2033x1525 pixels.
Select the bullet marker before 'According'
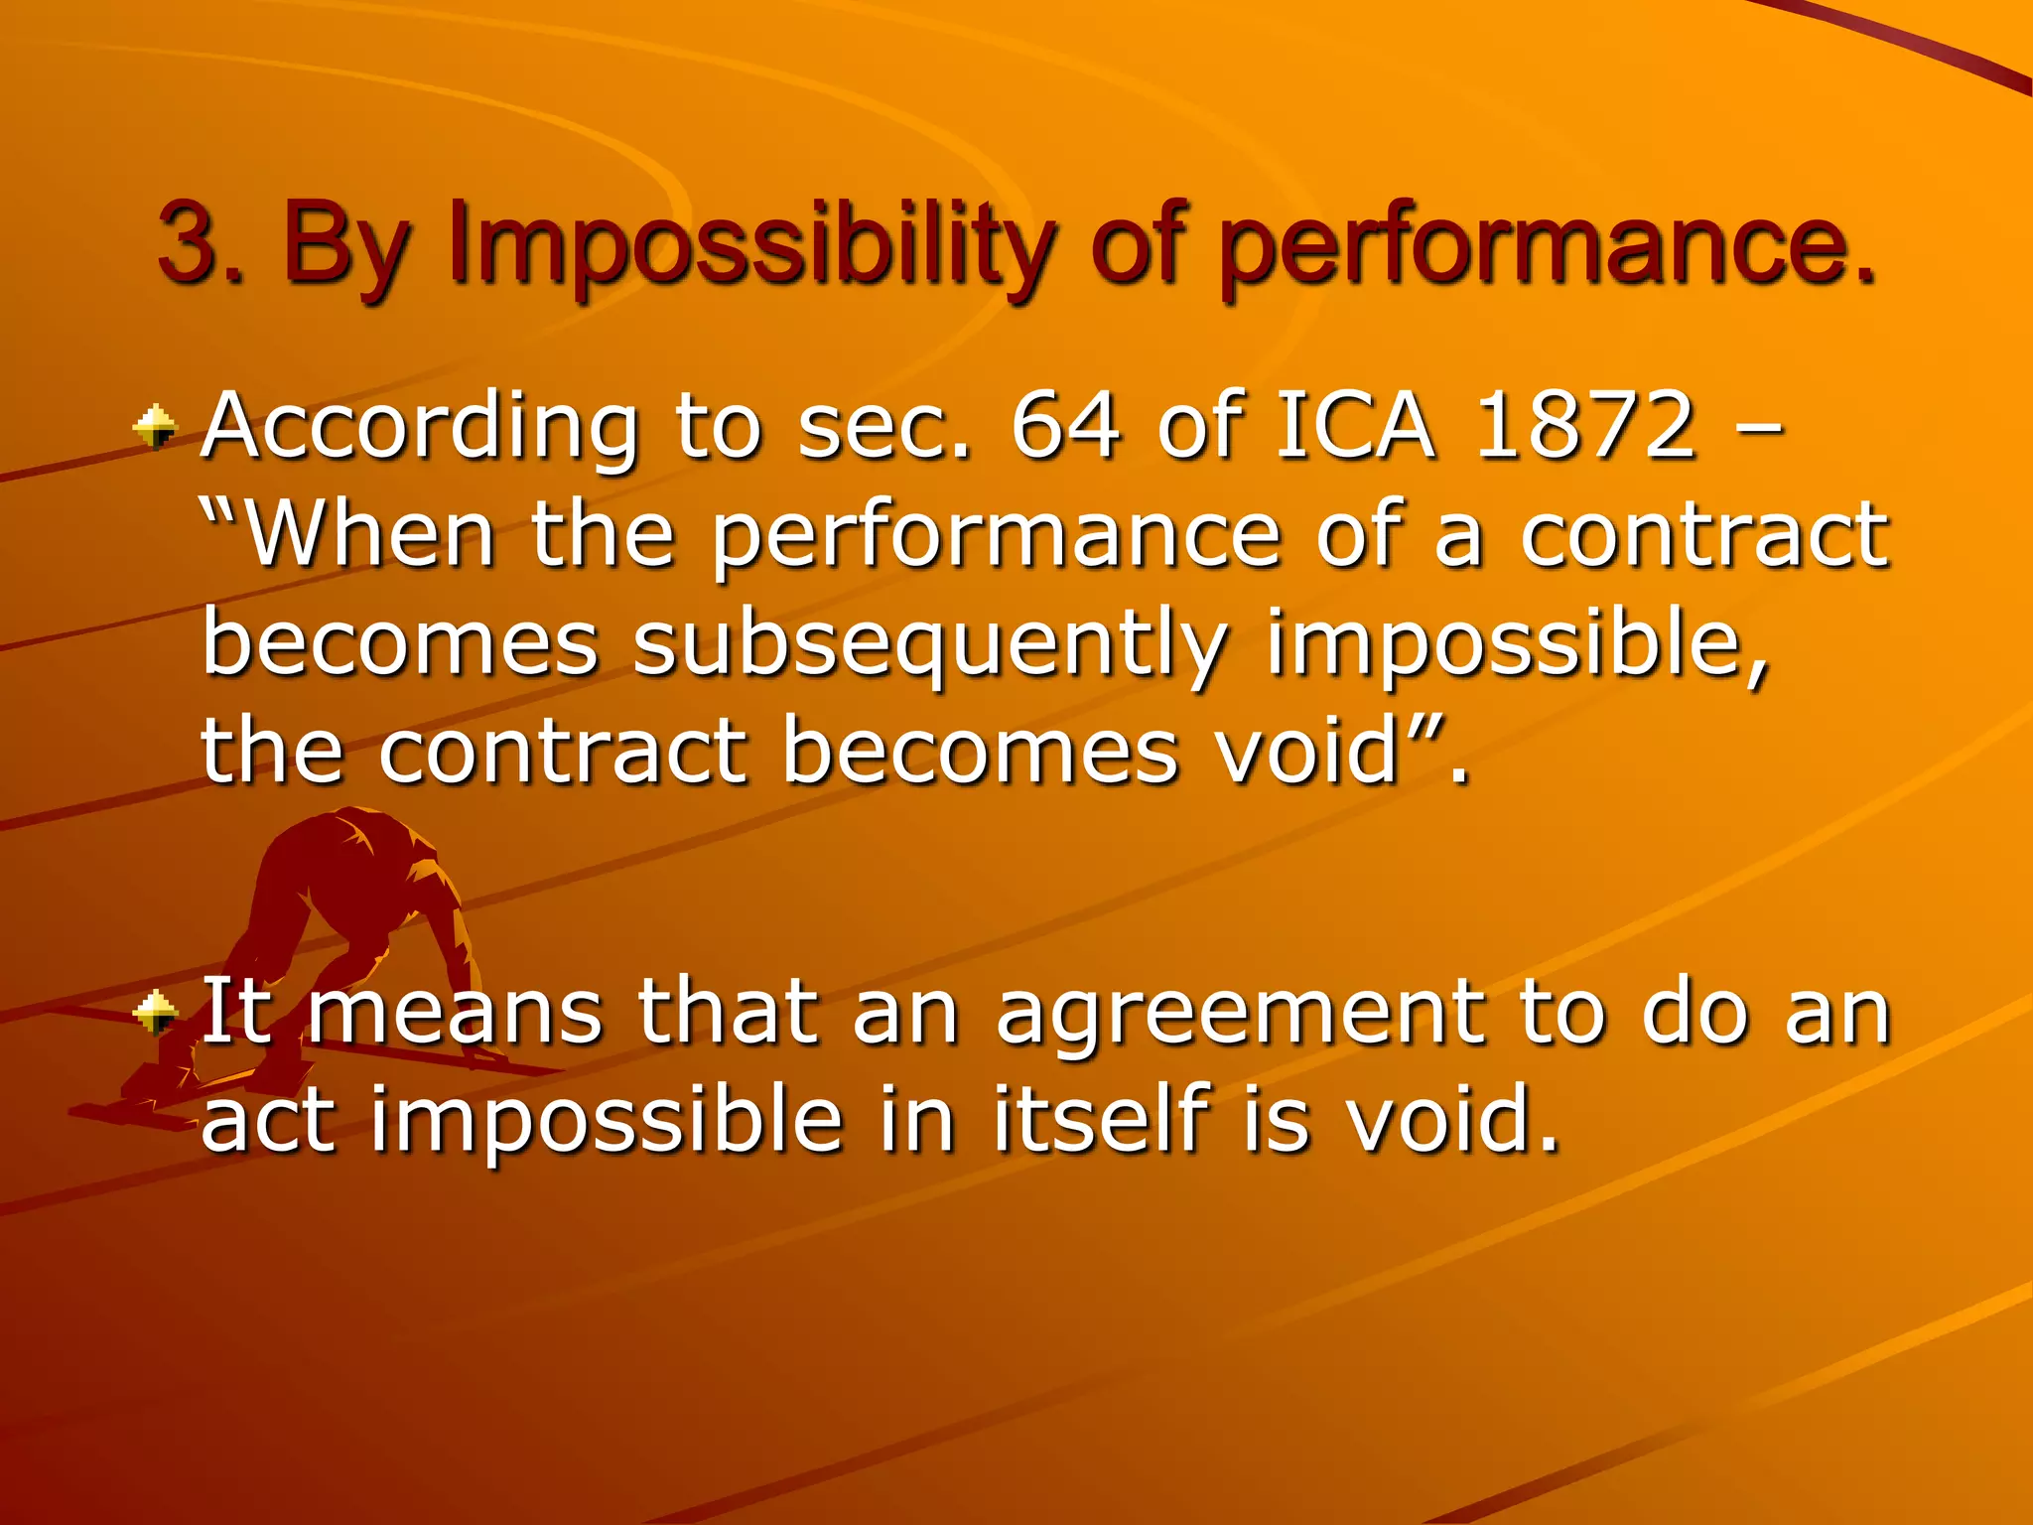(x=156, y=429)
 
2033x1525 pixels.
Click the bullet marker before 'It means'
(x=156, y=1014)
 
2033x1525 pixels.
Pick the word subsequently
(x=929, y=645)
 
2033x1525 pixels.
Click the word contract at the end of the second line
(x=1703, y=536)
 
